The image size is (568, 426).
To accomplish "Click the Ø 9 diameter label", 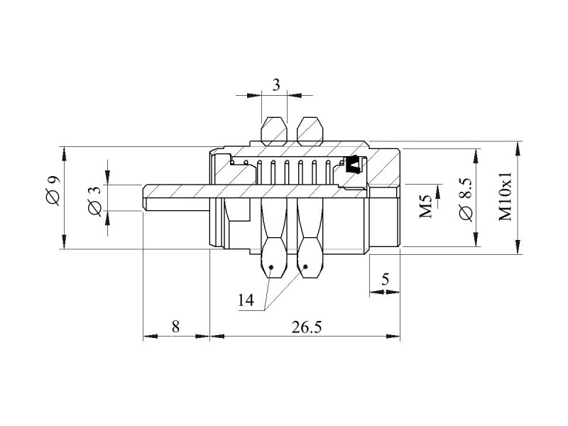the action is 53,190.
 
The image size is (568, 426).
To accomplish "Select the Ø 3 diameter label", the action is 95,202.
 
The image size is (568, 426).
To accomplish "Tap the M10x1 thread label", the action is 506,196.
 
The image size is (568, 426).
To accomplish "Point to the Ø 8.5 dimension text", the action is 466,200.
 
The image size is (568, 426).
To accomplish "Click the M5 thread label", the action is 426,207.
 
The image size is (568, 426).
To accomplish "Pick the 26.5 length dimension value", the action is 307,327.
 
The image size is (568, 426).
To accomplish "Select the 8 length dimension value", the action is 175,327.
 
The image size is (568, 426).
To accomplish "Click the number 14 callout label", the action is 246,300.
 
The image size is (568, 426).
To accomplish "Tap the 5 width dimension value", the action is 385,279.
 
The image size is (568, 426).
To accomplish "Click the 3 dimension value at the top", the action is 276,85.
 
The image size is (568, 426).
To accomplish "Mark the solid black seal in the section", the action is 354,165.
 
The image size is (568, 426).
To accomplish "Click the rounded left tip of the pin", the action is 144,198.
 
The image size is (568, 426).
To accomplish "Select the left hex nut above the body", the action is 274,131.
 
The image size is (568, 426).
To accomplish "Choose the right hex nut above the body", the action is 310,131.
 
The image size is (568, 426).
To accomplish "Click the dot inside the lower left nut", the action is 271,267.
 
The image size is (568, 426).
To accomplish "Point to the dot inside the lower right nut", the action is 305,267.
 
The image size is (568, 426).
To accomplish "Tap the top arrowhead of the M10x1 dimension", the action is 518,148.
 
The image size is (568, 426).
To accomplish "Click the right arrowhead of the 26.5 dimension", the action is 393,336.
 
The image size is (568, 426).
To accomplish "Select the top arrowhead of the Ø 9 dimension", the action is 64,154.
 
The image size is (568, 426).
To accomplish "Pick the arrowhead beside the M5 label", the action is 438,192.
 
